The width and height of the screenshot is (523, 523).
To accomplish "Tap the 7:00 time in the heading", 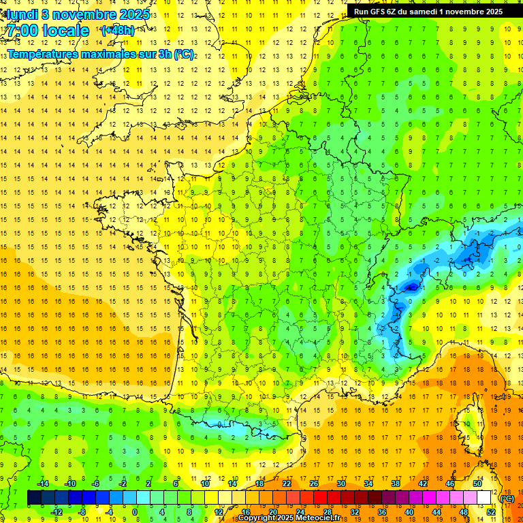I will click(x=20, y=31).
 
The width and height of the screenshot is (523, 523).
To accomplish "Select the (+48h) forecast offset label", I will click(x=118, y=31).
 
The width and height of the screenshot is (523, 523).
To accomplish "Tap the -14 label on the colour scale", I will click(x=42, y=484).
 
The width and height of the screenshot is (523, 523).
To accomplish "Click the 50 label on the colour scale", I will click(x=477, y=484).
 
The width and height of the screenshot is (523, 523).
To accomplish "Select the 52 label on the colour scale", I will click(x=490, y=512).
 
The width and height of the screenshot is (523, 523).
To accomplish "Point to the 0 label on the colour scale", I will click(x=135, y=512).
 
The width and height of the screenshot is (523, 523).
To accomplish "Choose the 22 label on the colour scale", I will click(x=287, y=484).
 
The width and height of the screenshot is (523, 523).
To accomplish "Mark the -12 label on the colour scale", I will click(x=56, y=512).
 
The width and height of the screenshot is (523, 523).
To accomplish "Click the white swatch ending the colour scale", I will click(x=484, y=498).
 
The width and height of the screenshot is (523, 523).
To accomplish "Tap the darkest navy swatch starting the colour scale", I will click(x=34, y=498).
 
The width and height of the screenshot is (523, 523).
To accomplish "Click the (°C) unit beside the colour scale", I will click(x=507, y=498).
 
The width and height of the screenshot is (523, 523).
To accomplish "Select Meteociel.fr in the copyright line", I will click(x=318, y=518).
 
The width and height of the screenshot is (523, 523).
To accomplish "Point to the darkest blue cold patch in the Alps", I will click(x=411, y=287).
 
